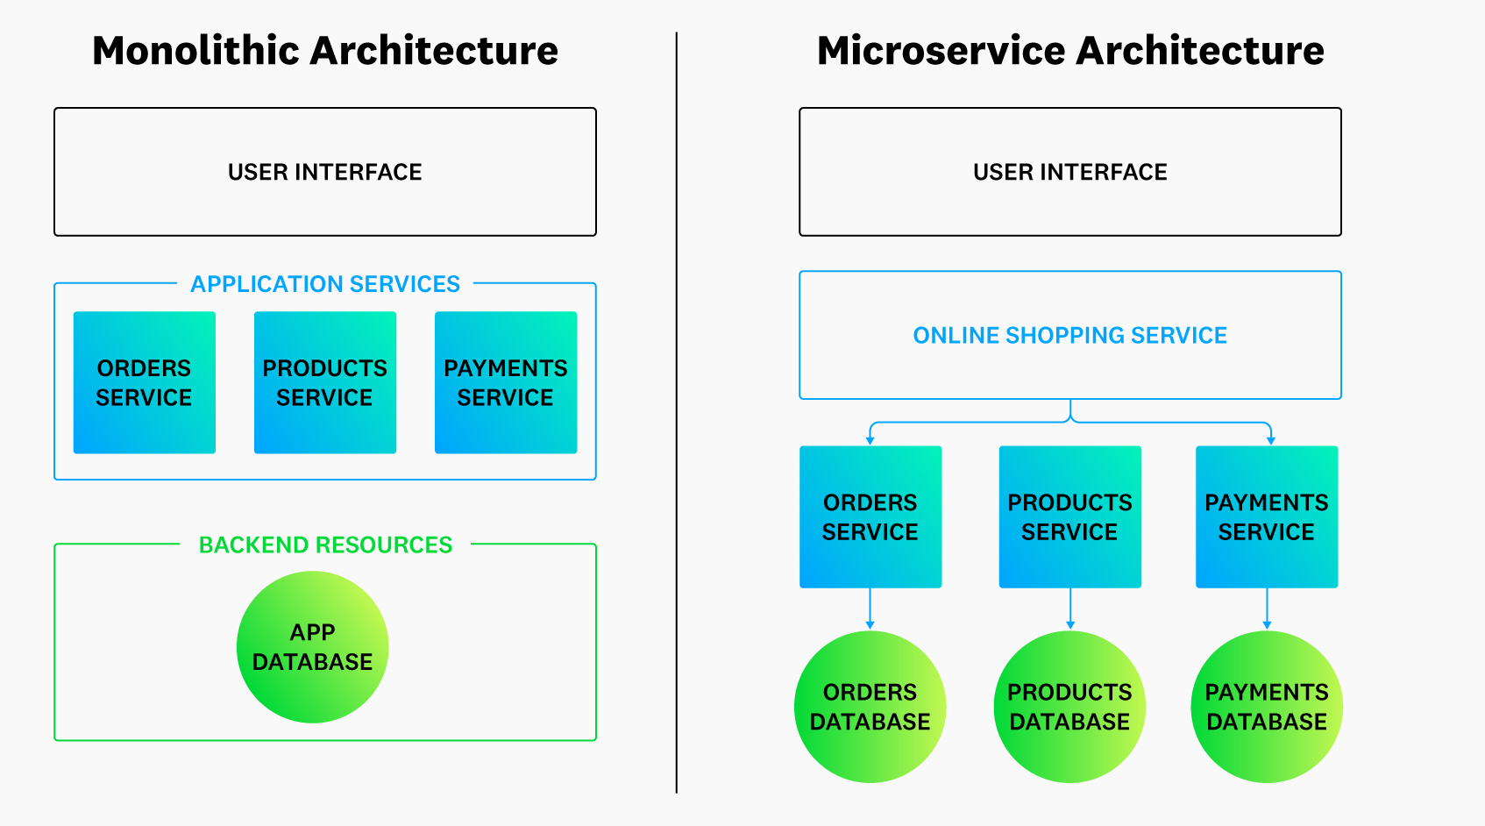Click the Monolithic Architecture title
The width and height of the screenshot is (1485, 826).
[x=325, y=51]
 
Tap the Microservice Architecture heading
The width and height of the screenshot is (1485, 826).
[x=1070, y=51]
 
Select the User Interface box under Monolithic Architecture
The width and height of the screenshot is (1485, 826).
[x=325, y=172]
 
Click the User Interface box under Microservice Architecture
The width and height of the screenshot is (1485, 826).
[x=1070, y=172]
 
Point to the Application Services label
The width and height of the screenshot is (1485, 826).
[x=325, y=284]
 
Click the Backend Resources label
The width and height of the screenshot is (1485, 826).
[x=325, y=545]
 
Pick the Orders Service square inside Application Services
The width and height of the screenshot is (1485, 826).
[x=145, y=382]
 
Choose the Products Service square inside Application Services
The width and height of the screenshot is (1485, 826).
[x=325, y=382]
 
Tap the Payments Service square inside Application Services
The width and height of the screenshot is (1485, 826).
[x=506, y=382]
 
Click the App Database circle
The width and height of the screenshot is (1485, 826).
[x=312, y=647]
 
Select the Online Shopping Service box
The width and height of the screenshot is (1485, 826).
[x=1070, y=335]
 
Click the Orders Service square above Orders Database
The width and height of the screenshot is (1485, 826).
[x=870, y=516]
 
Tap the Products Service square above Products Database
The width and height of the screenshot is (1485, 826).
[x=1070, y=516]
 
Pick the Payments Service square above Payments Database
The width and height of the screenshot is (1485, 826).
[x=1267, y=516]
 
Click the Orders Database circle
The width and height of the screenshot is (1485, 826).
[x=870, y=707]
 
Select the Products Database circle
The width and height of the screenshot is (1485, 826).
[x=1070, y=707]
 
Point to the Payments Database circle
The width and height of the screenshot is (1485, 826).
[x=1267, y=707]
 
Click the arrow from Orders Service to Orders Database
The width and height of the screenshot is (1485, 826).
[x=870, y=609]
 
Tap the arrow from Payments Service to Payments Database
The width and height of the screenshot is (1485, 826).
[x=1267, y=609]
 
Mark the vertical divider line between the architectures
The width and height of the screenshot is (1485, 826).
[x=677, y=412]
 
